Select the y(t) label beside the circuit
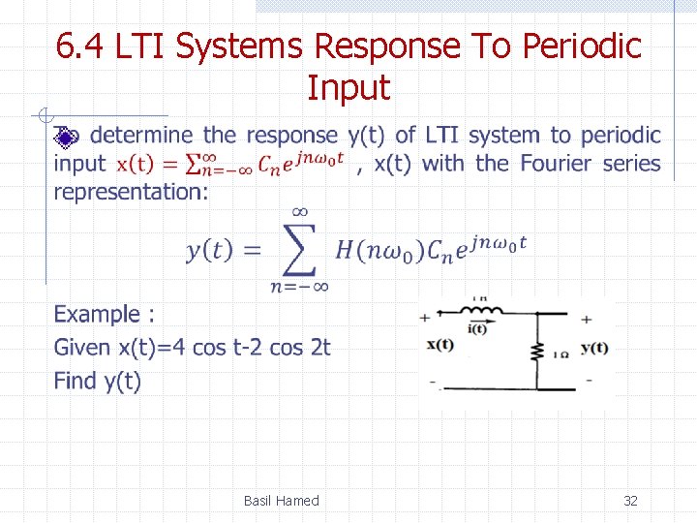pyautogui.click(x=593, y=349)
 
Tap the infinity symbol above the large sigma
pyautogui.click(x=299, y=210)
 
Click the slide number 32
pyautogui.click(x=630, y=501)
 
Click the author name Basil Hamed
pyautogui.click(x=281, y=501)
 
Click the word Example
pyautogui.click(x=97, y=315)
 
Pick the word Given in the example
pyautogui.click(x=82, y=347)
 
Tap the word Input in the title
pyautogui.click(x=348, y=88)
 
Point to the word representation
pyautogui.click(x=130, y=191)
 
